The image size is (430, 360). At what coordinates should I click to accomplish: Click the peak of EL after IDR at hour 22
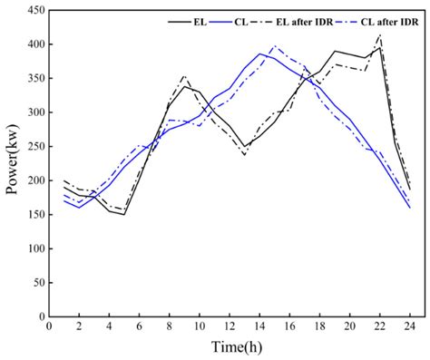click(379, 34)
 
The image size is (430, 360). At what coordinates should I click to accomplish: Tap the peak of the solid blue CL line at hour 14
click(259, 54)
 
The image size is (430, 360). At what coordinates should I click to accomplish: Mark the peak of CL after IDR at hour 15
click(274, 46)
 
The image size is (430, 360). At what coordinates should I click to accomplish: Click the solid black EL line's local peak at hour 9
click(184, 86)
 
